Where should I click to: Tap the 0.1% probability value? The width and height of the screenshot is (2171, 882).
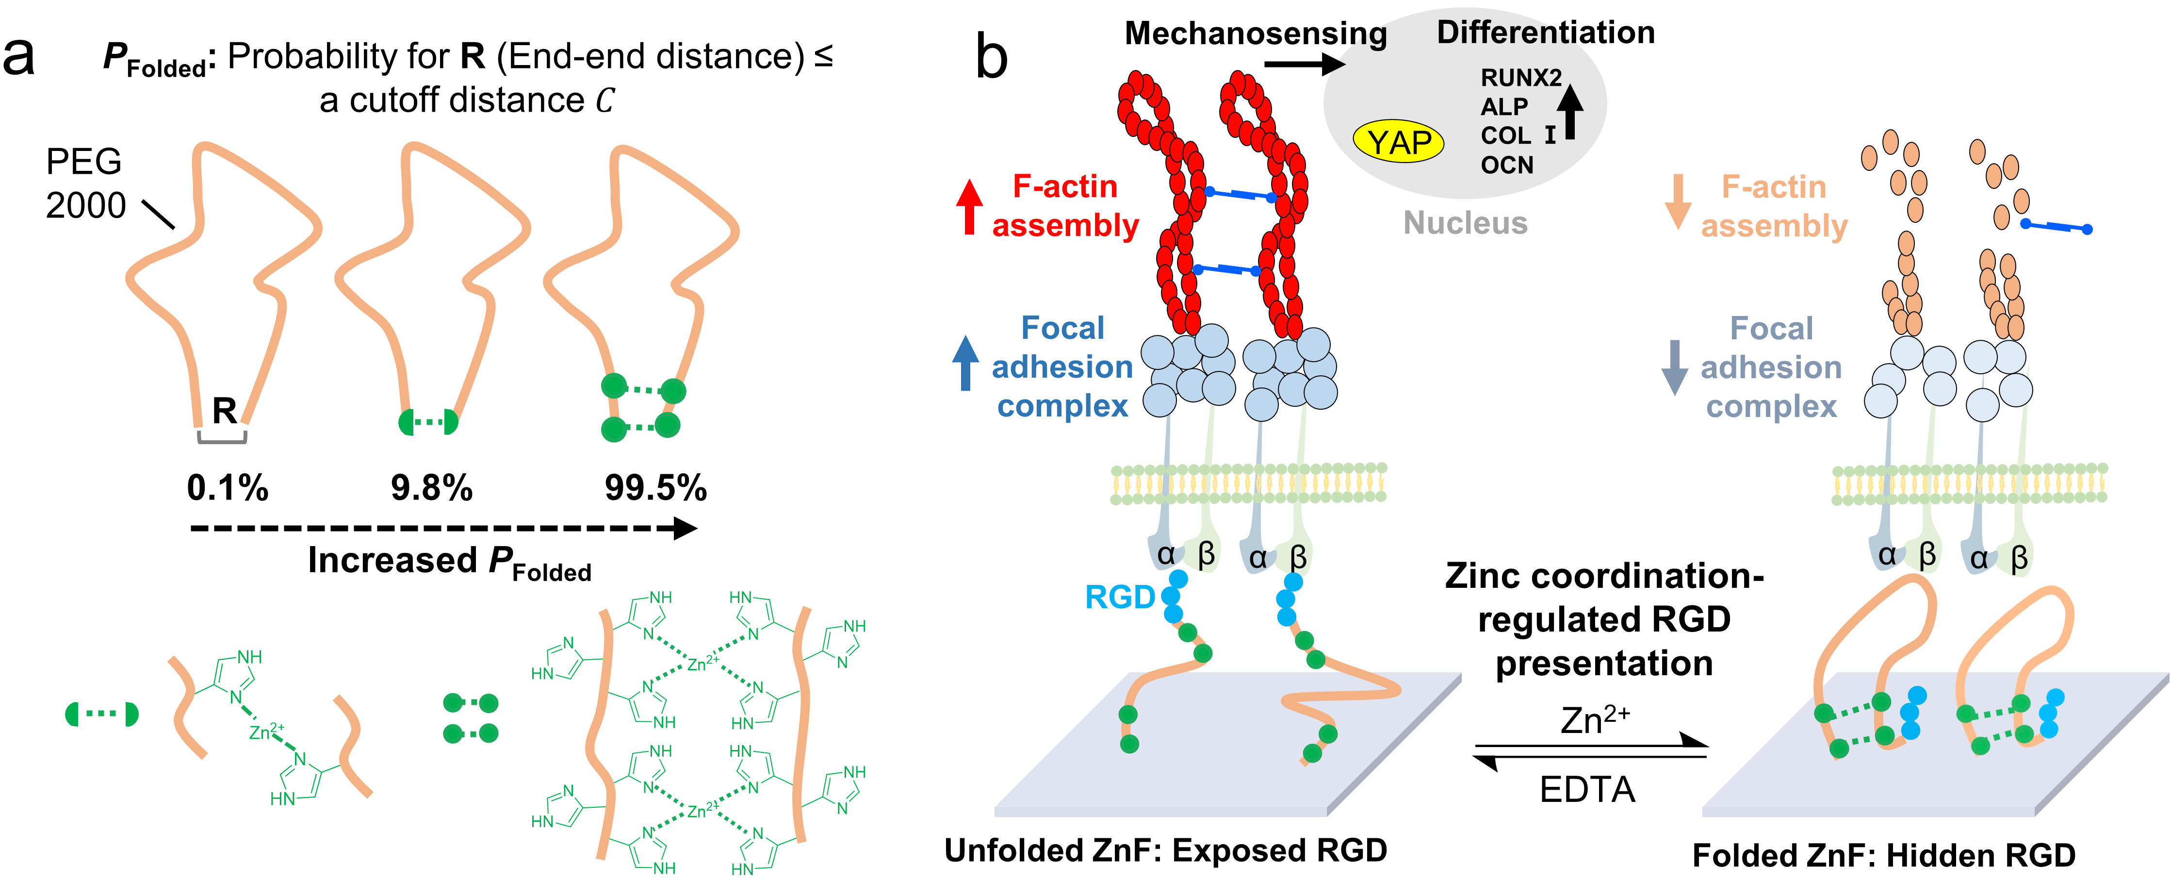[x=228, y=487]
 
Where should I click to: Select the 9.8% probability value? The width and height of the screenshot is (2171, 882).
[x=431, y=487]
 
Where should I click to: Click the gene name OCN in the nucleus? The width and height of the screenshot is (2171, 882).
[x=1507, y=165]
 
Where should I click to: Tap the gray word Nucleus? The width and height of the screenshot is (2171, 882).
[x=1466, y=223]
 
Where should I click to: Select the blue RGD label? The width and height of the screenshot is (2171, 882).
[x=1119, y=597]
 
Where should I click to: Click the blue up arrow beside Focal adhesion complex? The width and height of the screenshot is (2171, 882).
[x=966, y=363]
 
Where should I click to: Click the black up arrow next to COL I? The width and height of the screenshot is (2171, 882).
[x=1569, y=112]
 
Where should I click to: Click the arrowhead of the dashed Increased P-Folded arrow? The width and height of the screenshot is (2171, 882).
[x=685, y=529]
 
